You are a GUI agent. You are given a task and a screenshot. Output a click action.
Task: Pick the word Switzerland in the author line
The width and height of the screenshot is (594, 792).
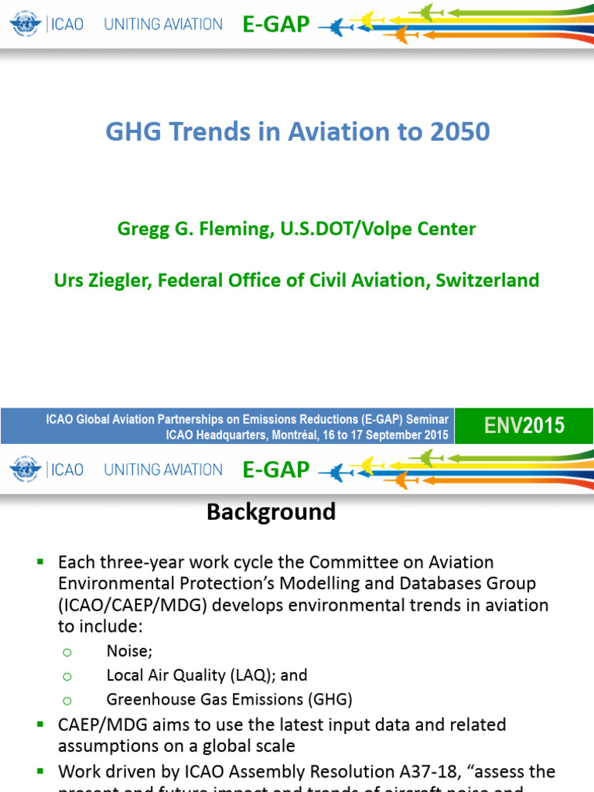pyautogui.click(x=487, y=280)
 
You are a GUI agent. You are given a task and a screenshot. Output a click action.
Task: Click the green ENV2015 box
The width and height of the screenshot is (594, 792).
pyautogui.click(x=524, y=425)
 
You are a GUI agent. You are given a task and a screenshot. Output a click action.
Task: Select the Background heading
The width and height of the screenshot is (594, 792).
pyautogui.click(x=271, y=512)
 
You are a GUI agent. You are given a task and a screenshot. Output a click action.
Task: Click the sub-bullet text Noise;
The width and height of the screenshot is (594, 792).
pyautogui.click(x=129, y=651)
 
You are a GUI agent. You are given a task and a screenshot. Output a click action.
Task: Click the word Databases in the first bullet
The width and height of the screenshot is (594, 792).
pyautogui.click(x=437, y=583)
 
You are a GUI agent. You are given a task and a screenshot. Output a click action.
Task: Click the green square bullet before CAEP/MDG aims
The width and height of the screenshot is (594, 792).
pyautogui.click(x=40, y=725)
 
